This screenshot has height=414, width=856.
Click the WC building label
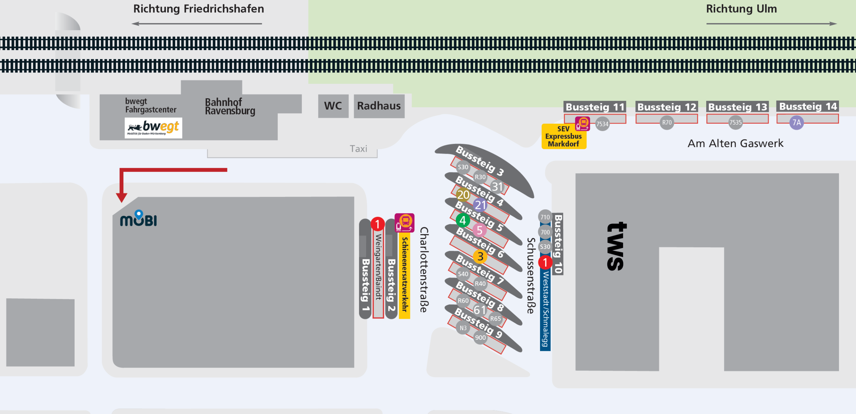(333, 106)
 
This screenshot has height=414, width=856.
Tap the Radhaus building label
(379, 106)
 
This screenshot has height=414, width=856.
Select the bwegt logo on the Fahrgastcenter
(153, 128)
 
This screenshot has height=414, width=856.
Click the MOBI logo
(138, 219)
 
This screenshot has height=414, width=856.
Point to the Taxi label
(358, 149)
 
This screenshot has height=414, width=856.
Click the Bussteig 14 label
(808, 107)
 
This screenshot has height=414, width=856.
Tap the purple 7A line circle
(796, 123)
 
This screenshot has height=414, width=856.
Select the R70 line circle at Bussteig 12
(667, 123)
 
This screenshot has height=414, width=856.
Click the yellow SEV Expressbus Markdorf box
(563, 137)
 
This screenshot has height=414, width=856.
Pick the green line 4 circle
(463, 220)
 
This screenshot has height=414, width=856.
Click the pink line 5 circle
(479, 230)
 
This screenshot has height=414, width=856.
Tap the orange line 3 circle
(480, 257)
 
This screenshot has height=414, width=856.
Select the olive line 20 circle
(463, 194)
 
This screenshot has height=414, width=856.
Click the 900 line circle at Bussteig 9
(480, 337)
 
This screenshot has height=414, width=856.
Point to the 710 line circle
(545, 217)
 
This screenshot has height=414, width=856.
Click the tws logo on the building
(616, 246)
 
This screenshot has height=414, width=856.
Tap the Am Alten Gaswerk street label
(735, 143)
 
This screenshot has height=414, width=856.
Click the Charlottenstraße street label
(424, 270)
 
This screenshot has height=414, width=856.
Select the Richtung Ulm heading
(741, 9)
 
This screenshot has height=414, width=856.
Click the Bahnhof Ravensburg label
(230, 106)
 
